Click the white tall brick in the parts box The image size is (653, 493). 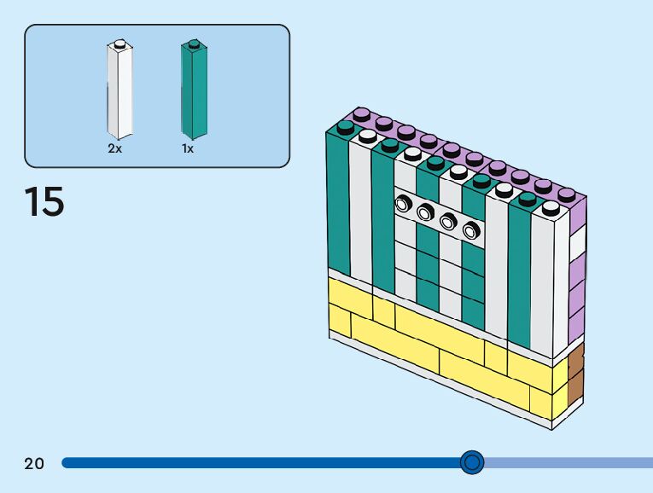[x=120, y=90]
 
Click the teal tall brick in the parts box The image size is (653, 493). [x=194, y=90]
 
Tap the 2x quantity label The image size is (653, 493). [x=115, y=148]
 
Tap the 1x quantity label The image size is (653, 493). [x=188, y=148]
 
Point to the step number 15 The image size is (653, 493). [x=44, y=202]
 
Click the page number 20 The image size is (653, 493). [x=34, y=463]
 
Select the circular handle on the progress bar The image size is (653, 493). [x=472, y=462]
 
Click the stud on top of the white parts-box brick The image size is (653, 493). [x=120, y=43]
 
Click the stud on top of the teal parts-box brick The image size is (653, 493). [x=194, y=43]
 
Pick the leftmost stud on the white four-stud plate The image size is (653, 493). [x=403, y=204]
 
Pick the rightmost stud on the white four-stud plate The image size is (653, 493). [x=471, y=229]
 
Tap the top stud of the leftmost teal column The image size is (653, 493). [x=345, y=127]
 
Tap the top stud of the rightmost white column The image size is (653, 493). [x=551, y=207]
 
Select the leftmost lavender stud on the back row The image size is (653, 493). [x=362, y=114]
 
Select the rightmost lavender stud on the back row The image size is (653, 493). [x=566, y=194]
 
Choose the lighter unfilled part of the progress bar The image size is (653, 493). [x=568, y=462]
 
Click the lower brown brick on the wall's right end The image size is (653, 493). [x=576, y=388]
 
